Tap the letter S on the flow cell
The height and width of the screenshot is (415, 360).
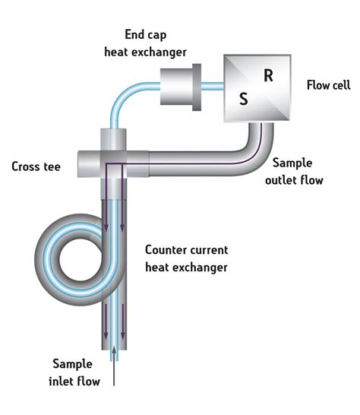click(243, 100)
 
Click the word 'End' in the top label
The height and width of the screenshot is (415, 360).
click(134, 35)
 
